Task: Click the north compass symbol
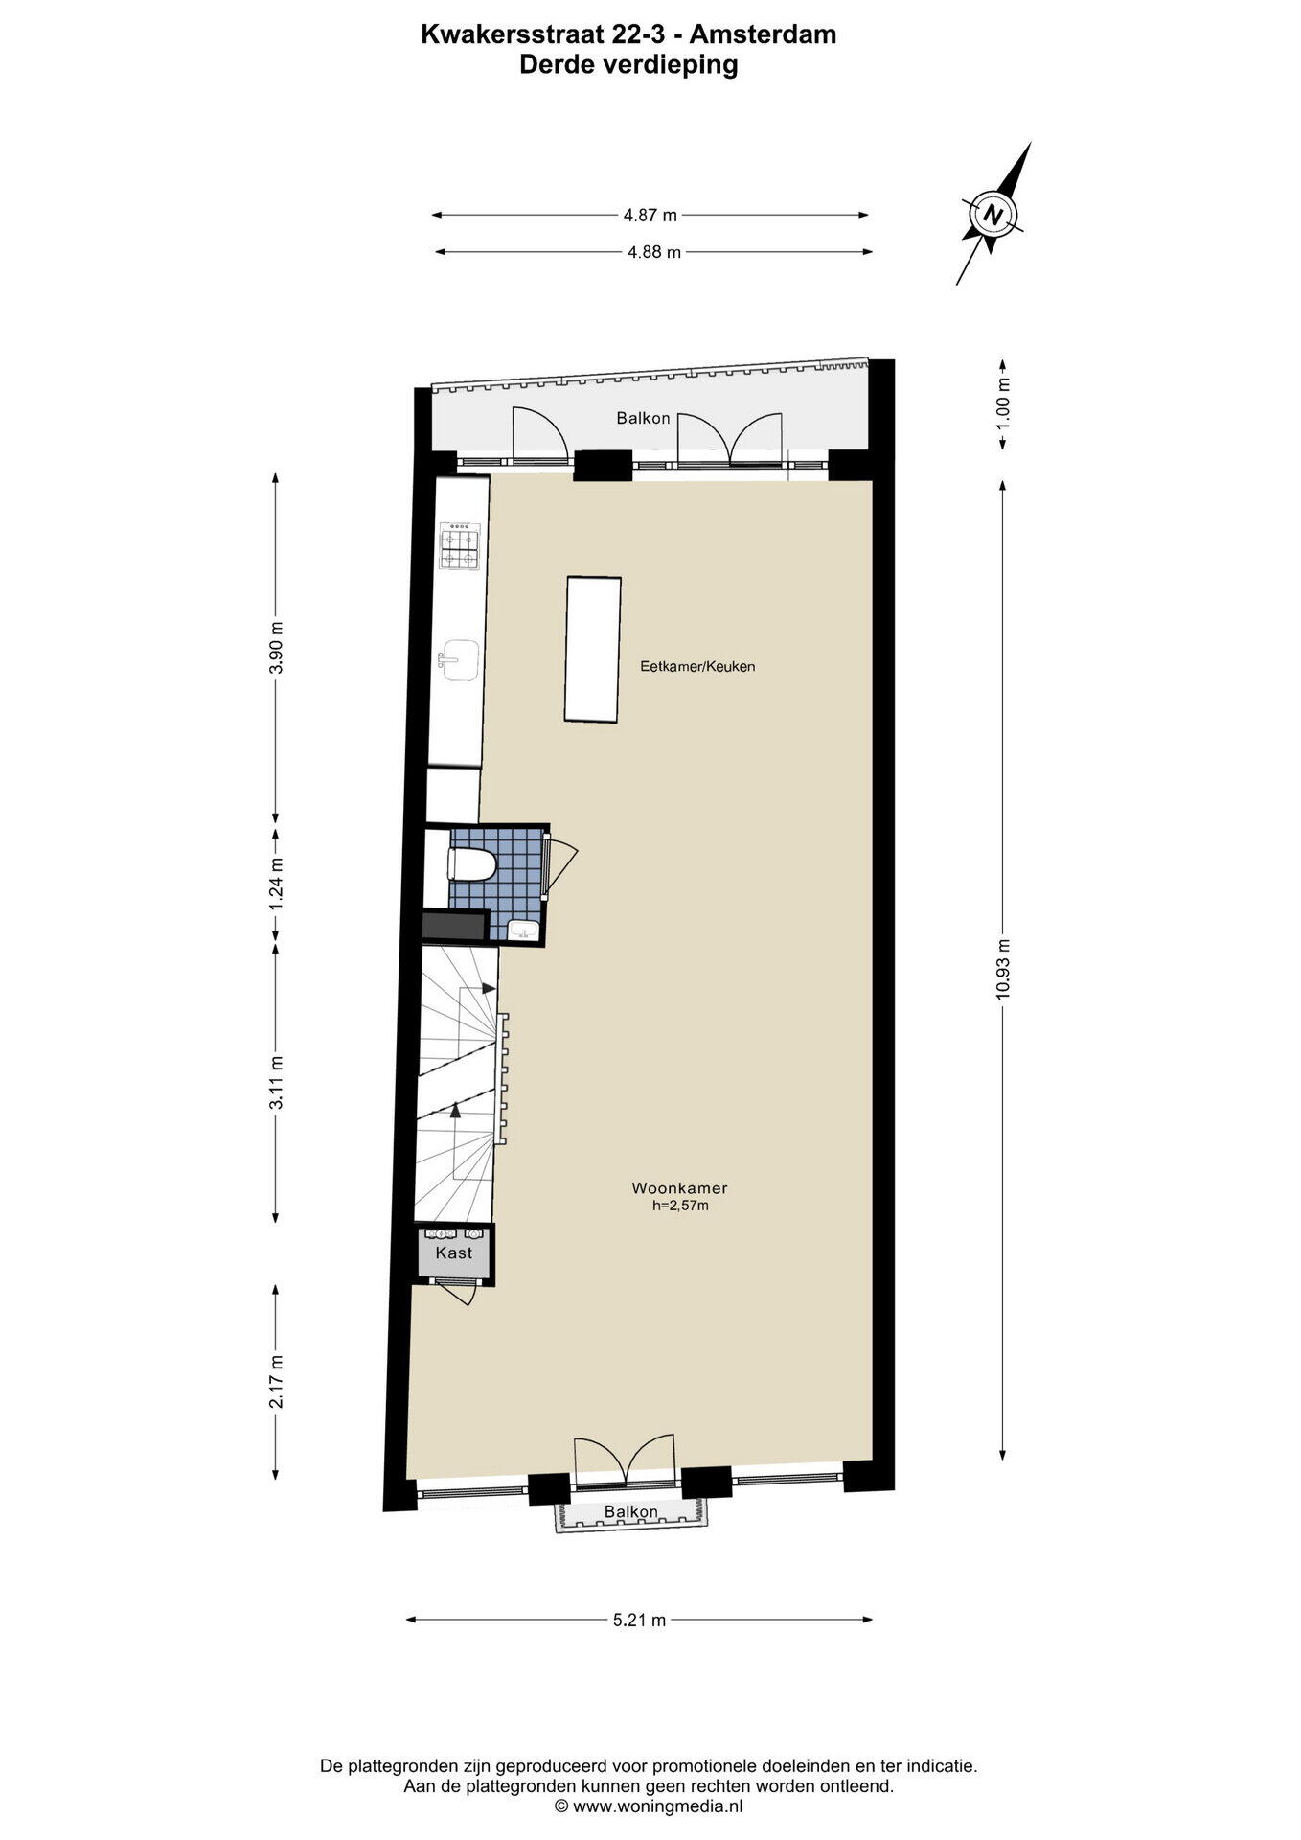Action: tap(994, 214)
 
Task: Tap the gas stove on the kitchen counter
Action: tap(460, 546)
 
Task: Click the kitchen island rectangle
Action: tap(593, 648)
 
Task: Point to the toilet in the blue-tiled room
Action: tap(470, 865)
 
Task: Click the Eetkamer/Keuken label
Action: tap(697, 666)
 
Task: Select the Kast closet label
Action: tap(453, 1253)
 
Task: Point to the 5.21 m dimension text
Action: tap(639, 1621)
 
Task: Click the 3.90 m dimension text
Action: tap(276, 648)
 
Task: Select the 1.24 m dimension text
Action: tap(276, 881)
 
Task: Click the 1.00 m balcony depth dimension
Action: tap(1003, 403)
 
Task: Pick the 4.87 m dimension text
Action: tap(650, 216)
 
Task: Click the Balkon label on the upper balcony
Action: tap(643, 419)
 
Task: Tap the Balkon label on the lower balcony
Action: tap(630, 1512)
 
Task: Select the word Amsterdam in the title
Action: tap(764, 34)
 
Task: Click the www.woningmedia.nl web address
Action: tap(657, 1805)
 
